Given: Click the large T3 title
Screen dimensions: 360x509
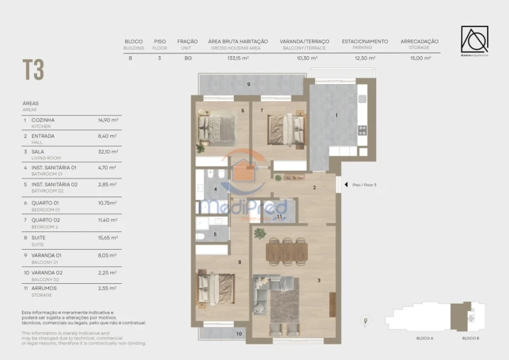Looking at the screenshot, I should tap(33, 70).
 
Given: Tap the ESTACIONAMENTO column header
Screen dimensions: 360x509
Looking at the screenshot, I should tap(365, 41).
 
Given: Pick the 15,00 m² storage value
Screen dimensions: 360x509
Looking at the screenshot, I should tap(419, 58).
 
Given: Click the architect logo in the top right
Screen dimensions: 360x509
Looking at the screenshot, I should tap(474, 40).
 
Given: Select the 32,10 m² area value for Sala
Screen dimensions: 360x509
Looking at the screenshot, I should tap(107, 152).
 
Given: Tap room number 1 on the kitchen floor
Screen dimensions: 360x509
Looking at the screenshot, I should tap(337, 115).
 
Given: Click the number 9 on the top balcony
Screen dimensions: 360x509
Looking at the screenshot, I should tap(248, 85).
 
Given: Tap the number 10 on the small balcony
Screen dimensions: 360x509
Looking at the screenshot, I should tap(239, 332).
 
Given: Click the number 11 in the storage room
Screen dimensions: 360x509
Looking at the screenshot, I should tap(279, 216).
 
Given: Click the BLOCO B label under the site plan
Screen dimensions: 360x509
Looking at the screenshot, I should tap(470, 338).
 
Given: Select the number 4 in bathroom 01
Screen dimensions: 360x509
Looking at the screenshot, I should tap(215, 189).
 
